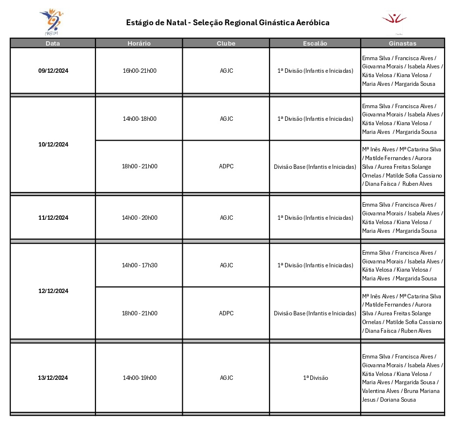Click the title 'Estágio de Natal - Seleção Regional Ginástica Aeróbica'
coord(227,22)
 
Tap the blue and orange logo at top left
coord(51,21)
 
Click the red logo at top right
coord(394,20)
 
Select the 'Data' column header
coord(53,43)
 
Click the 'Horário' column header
coord(139,43)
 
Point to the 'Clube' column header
coord(226,43)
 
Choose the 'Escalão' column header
coord(315,43)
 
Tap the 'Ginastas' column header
coord(402,43)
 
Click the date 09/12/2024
coord(53,71)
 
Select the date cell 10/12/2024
coord(53,144)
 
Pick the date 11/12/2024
coord(53,218)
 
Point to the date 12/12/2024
coord(53,291)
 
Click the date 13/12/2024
coord(53,378)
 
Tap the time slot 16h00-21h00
coord(140,71)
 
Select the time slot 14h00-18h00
coord(140,118)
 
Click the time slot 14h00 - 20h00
coord(140,218)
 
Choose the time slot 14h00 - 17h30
coord(140,265)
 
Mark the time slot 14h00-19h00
coord(140,378)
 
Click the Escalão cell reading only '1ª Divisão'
coord(315,378)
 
